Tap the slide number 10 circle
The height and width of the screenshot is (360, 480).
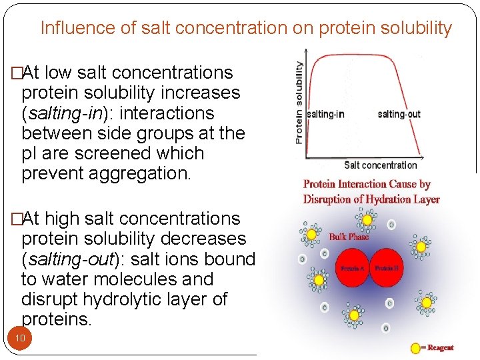[x=20, y=338]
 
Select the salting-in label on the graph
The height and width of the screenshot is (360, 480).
[x=326, y=114]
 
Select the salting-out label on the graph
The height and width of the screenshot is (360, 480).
[x=399, y=114]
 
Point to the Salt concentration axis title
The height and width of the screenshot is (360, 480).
[x=380, y=165]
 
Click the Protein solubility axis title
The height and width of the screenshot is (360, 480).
[x=299, y=103]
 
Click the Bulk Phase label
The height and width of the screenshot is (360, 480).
[x=349, y=237]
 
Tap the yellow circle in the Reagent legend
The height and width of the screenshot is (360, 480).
[x=415, y=347]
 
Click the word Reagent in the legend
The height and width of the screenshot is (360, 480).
[x=441, y=347]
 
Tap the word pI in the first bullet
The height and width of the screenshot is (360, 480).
[x=30, y=153]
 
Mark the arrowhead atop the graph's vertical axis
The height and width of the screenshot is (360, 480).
[x=305, y=50]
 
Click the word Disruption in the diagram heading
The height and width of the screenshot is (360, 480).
[x=330, y=199]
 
